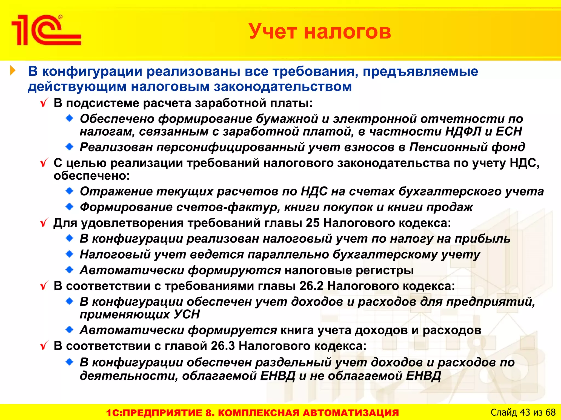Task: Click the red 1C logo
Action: pyautogui.click(x=46, y=30)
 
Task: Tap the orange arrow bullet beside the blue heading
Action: pyautogui.click(x=13, y=71)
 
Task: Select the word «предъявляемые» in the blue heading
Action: pyautogui.click(x=420, y=71)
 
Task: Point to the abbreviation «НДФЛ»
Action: pyautogui.click(x=463, y=132)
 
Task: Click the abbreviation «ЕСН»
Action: pyautogui.click(x=509, y=132)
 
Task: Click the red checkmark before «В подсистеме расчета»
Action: pyautogui.click(x=44, y=103)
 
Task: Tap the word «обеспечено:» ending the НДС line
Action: pyautogui.click(x=92, y=176)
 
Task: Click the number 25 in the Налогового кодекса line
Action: pyautogui.click(x=313, y=223)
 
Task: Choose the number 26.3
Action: pyautogui.click(x=223, y=346)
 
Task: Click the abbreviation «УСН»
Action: pyautogui.click(x=187, y=314)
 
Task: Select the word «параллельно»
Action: pyautogui.click(x=288, y=254)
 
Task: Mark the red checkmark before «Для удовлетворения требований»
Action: pyautogui.click(x=44, y=223)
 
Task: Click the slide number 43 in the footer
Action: pyautogui.click(x=525, y=412)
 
